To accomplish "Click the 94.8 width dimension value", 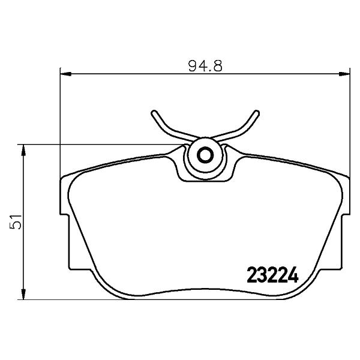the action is coord(205,65).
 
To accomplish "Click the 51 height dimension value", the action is coord(16,222).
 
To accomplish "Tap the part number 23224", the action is coord(272,275).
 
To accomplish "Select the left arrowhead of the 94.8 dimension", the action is coord(65,74).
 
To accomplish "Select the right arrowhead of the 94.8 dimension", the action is coord(344,74).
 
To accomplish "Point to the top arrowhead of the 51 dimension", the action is coord(23,150).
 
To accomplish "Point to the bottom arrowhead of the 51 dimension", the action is coord(23,294).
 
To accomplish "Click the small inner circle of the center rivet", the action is coord(205,155).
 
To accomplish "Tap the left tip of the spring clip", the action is coord(154,113).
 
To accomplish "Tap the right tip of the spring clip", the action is coord(257,113).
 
